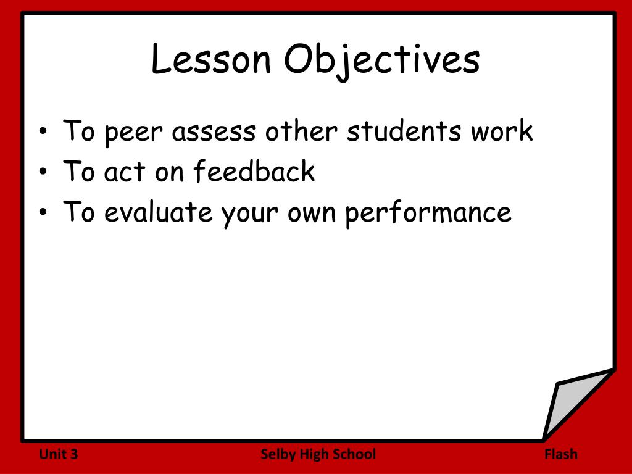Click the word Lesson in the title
(x=211, y=60)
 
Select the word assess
(x=214, y=132)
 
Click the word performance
(x=428, y=213)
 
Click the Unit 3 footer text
(x=59, y=455)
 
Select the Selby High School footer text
(x=318, y=455)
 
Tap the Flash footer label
(x=561, y=455)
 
